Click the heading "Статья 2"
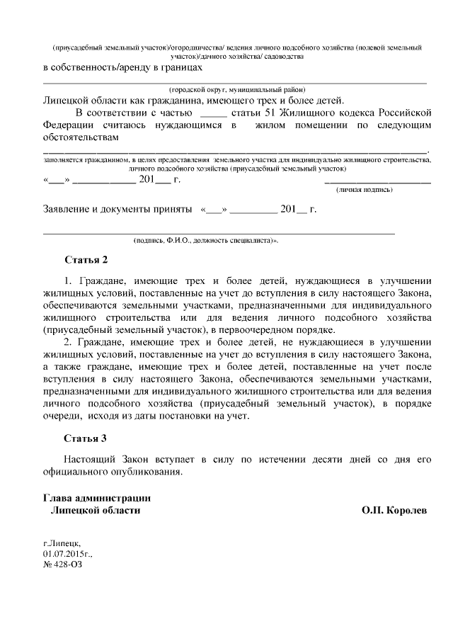click(x=85, y=259)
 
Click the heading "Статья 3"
click(x=85, y=438)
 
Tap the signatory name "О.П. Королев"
click(x=394, y=510)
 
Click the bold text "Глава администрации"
click(x=97, y=498)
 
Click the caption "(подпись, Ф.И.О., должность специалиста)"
click(x=206, y=241)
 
